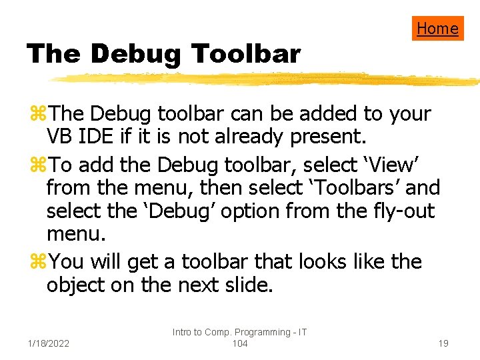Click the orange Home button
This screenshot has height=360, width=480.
[x=437, y=28]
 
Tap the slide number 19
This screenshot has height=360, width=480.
[x=443, y=343]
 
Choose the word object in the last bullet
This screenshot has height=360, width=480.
[x=79, y=285]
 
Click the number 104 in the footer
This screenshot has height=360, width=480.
[x=239, y=343]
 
